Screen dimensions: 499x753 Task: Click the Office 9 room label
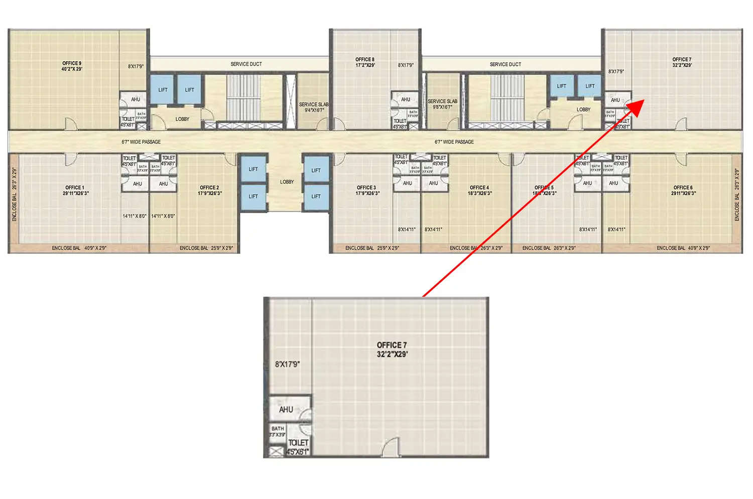(72, 66)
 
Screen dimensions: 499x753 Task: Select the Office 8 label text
(365, 62)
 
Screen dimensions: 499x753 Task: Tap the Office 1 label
(75, 190)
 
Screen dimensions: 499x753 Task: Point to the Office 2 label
(209, 190)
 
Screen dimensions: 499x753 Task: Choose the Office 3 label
(367, 190)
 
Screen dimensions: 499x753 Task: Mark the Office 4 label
(479, 190)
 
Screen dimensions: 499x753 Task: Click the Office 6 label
(683, 190)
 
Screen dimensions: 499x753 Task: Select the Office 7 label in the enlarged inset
(392, 349)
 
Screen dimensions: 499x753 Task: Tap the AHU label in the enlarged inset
(286, 410)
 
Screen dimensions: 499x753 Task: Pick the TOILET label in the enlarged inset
(298, 443)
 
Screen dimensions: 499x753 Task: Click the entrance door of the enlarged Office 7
(391, 448)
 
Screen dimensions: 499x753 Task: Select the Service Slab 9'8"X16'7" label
(442, 104)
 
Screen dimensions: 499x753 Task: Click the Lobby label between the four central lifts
(287, 182)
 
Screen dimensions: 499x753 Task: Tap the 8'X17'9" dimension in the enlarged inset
(287, 364)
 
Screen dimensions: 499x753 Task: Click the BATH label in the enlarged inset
(278, 429)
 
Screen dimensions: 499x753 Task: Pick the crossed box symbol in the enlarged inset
(275, 452)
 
